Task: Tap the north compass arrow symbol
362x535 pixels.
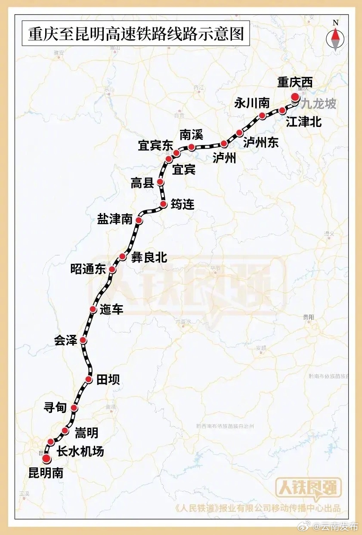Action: pyautogui.click(x=336, y=37)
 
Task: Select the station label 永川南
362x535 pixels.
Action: pyautogui.click(x=252, y=104)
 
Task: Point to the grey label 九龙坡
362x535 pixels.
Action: pyautogui.click(x=318, y=105)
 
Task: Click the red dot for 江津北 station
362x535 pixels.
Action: pyautogui.click(x=282, y=110)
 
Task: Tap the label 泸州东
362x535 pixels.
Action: pyautogui.click(x=261, y=142)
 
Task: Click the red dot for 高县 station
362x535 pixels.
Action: pyautogui.click(x=160, y=182)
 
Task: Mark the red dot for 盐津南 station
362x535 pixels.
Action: pyautogui.click(x=139, y=220)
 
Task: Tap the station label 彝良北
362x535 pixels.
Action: pyautogui.click(x=149, y=258)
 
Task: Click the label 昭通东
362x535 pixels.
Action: pyautogui.click(x=88, y=270)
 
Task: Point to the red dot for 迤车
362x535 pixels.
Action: pyautogui.click(x=93, y=309)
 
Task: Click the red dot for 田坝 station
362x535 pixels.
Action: pyautogui.click(x=89, y=379)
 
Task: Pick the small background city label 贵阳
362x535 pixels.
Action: pyautogui.click(x=308, y=317)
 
